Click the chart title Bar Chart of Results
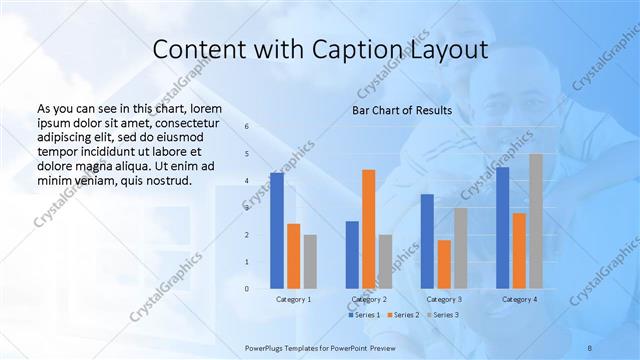pos(401,110)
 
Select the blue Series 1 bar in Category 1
pos(276,230)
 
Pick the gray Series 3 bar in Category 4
pos(536,221)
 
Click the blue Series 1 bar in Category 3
pos(427,241)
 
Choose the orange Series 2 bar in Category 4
pos(519,250)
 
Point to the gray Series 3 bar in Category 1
pos(310,261)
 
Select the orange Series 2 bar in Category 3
pos(444,264)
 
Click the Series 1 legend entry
pos(364,315)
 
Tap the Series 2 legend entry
pos(402,315)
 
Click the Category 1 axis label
pos(293,299)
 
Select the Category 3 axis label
pos(444,299)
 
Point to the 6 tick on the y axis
pos(247,127)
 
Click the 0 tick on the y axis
pos(247,289)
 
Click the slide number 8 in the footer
pos(589,346)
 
